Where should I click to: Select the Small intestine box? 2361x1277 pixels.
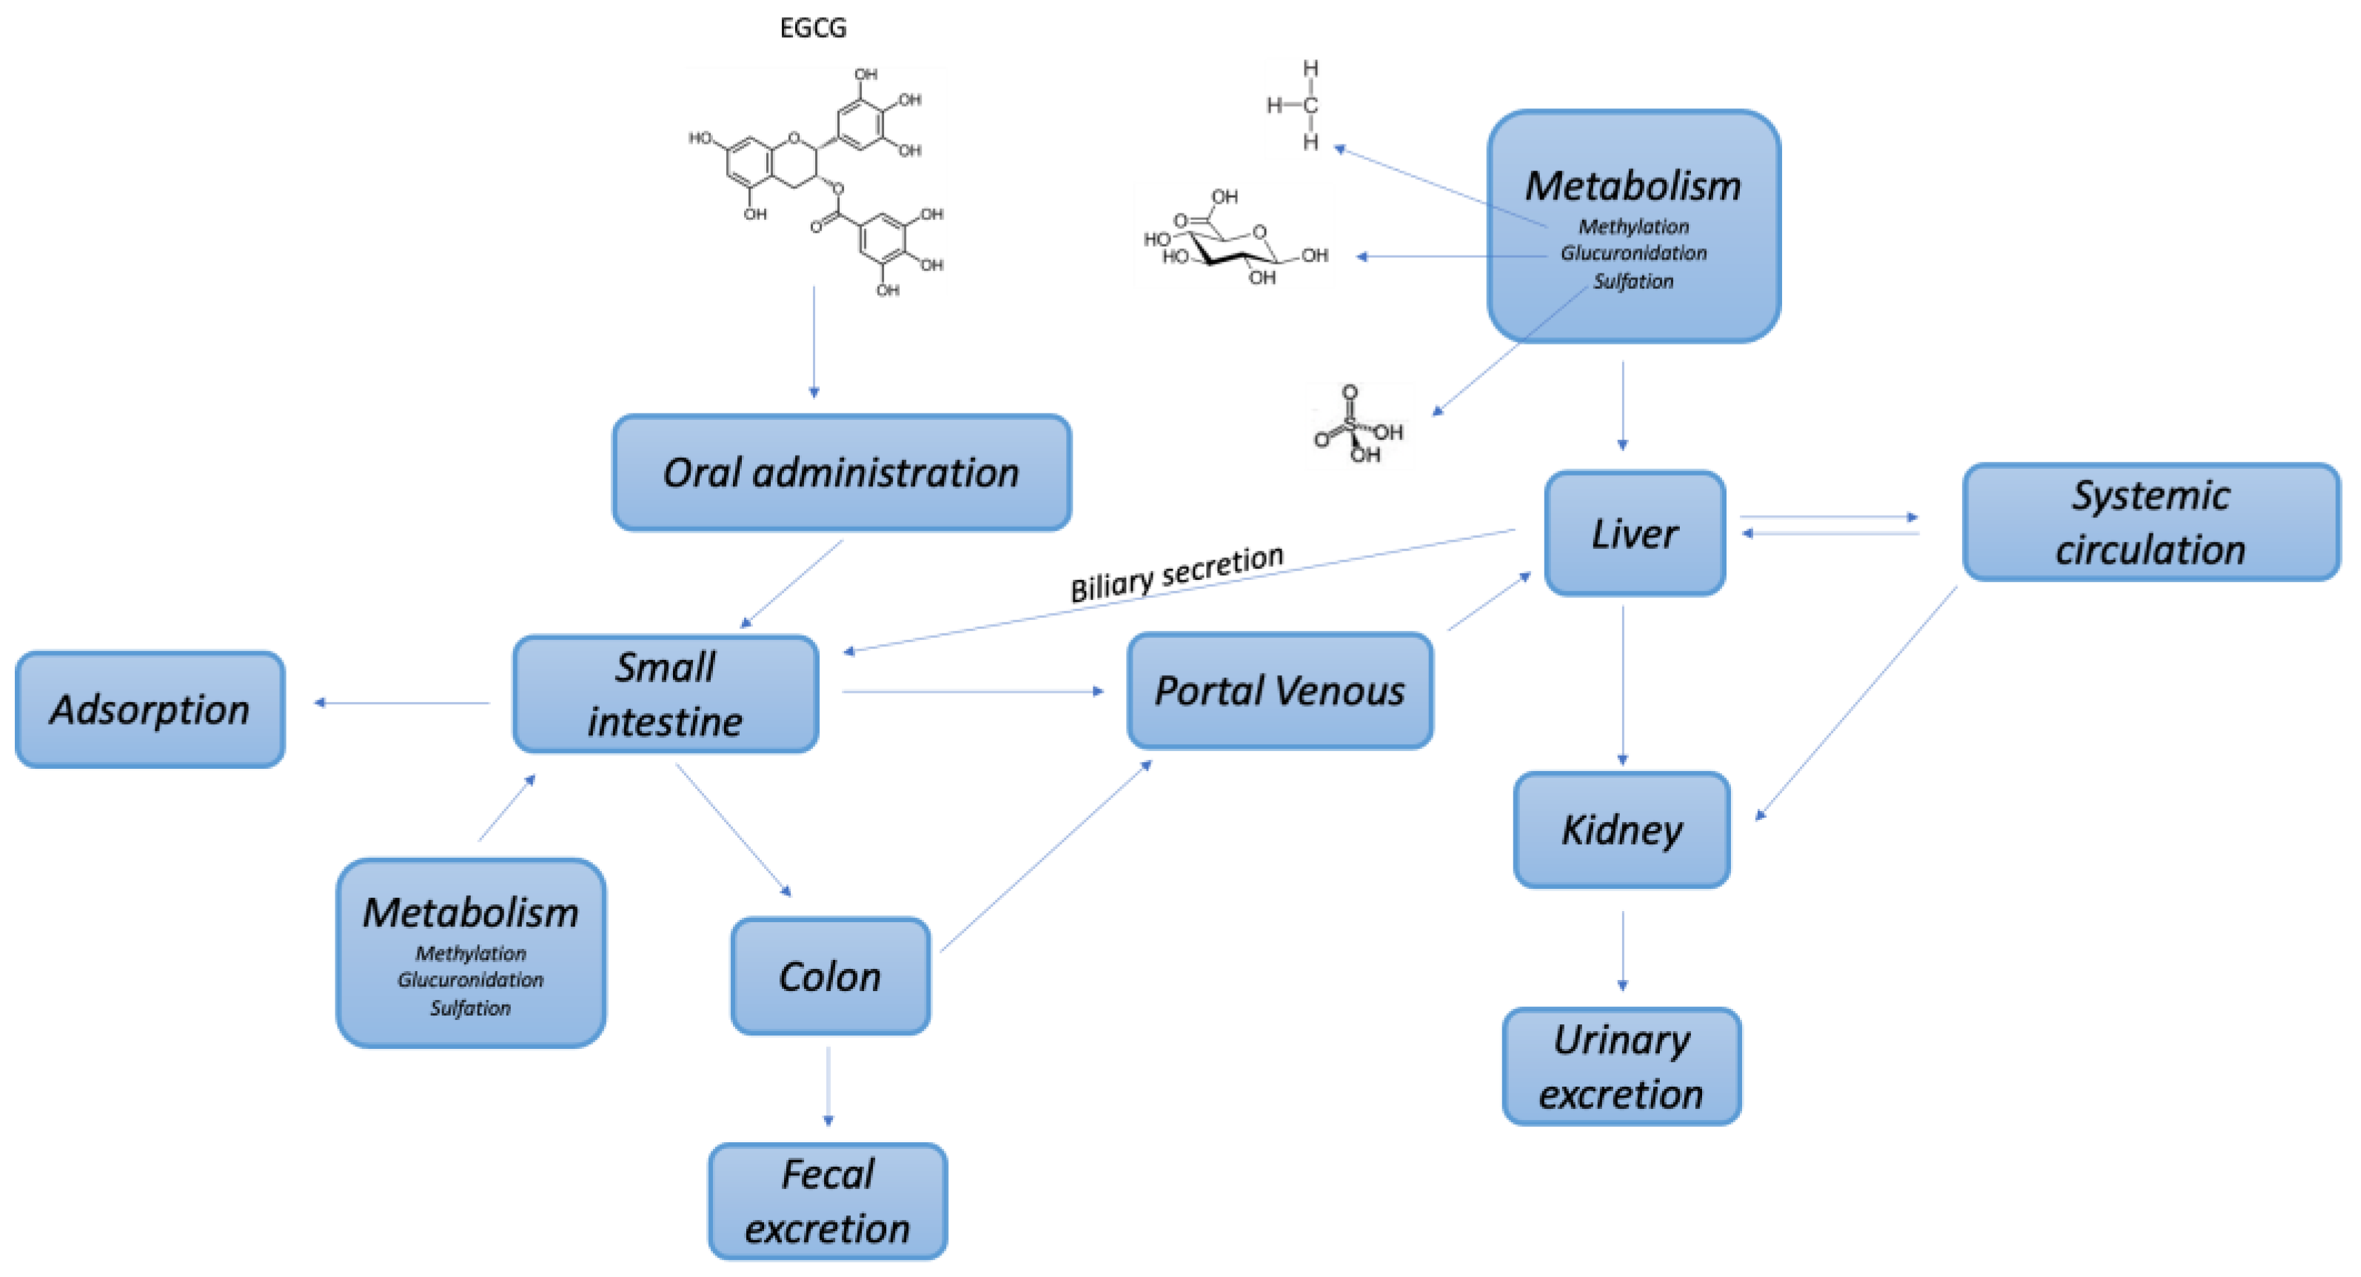tap(665, 694)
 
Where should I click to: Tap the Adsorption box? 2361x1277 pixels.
tap(150, 710)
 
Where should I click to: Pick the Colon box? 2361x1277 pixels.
tap(829, 976)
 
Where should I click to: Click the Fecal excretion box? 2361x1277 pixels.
tap(827, 1201)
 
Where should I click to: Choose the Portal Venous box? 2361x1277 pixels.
tap(1279, 690)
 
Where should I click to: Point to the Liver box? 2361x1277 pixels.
tap(1634, 533)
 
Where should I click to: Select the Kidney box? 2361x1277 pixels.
tap(1621, 830)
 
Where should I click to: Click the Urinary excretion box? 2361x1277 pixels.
tap(1621, 1066)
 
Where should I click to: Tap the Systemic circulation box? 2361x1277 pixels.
tap(2149, 522)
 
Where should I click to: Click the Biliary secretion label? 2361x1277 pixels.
tap(1177, 573)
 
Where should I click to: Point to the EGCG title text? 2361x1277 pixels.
tap(813, 28)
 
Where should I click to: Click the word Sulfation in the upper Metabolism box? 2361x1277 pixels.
tap(1632, 281)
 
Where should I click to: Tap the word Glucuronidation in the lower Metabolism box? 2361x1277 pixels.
tap(470, 980)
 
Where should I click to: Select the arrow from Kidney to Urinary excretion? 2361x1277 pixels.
tap(1622, 950)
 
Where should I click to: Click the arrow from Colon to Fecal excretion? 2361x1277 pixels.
tap(828, 1087)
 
